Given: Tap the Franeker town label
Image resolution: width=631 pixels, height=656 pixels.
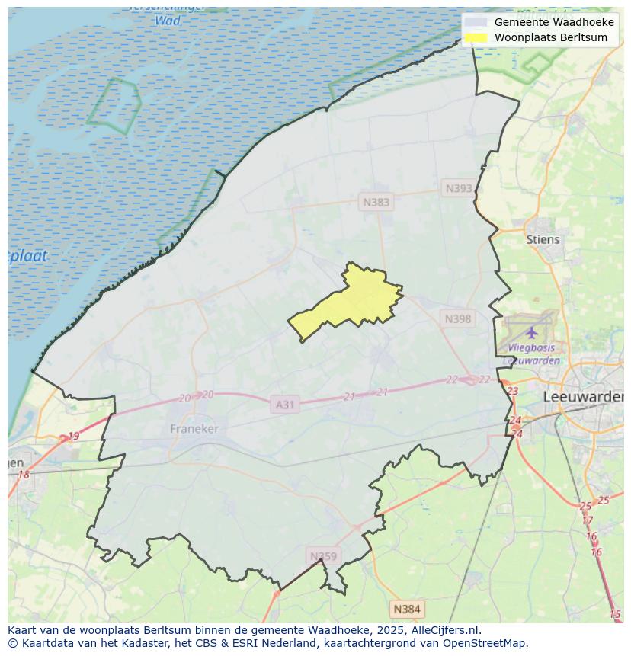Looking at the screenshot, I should tap(194, 429).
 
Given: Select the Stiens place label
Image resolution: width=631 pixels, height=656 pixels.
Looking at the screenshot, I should tap(543, 239).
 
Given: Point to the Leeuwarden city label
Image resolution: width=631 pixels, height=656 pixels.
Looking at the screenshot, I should tap(583, 397).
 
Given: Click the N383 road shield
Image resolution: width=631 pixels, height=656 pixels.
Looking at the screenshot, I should tap(376, 202).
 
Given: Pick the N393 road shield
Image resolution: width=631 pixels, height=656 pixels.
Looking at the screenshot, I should tap(459, 188).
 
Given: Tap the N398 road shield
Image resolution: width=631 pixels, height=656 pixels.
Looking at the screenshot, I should tap(458, 318).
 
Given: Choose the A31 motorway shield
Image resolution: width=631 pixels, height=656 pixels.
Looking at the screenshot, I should tap(284, 405).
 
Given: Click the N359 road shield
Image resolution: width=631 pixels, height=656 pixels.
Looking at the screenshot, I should tap(323, 556).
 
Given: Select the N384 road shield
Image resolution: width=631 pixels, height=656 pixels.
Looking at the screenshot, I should tap(406, 609).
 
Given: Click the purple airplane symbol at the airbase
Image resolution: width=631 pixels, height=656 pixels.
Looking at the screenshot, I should tap(531, 332).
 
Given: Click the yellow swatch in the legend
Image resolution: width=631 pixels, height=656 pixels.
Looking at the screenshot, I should tap(476, 37).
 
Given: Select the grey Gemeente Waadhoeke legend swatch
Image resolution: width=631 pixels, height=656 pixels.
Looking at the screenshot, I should tap(476, 22).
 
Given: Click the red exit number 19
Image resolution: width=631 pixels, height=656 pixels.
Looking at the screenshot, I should tap(73, 437).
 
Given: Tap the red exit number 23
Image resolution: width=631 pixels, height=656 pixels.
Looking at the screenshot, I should tap(512, 391).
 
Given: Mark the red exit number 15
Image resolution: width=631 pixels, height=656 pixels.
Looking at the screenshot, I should tap(615, 614).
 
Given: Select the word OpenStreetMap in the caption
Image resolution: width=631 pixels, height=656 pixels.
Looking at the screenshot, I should tap(485, 643).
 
